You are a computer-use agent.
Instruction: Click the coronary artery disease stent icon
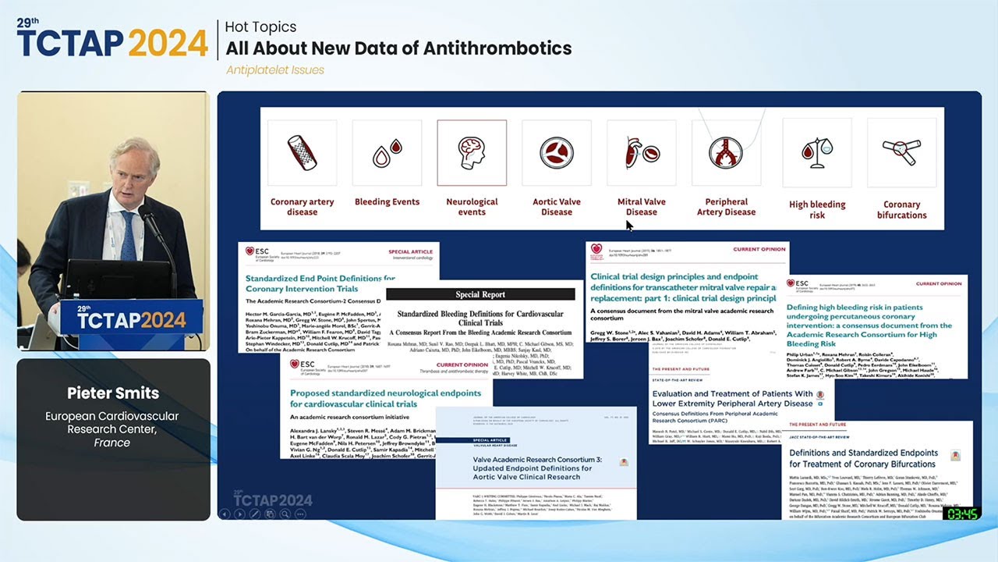pos(303,152)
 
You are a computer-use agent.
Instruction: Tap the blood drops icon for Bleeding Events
pos(387,152)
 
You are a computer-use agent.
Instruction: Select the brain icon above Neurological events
pos(472,152)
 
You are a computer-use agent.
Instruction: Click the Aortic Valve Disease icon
pos(557,152)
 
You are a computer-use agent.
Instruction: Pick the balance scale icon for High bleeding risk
pos(817,152)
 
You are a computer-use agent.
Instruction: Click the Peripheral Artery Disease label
pos(726,207)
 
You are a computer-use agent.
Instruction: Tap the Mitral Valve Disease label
pos(642,207)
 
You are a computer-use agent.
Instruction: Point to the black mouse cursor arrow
pos(629,226)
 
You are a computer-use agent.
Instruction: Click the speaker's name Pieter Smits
pos(112,393)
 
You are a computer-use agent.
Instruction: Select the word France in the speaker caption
pos(112,443)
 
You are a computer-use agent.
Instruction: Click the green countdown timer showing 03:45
pos(961,514)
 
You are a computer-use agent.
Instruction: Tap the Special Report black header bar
pos(480,294)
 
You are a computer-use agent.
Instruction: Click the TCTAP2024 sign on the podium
pos(131,319)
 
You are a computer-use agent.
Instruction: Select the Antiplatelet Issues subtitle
pos(275,70)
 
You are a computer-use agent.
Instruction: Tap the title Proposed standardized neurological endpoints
pos(382,399)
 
